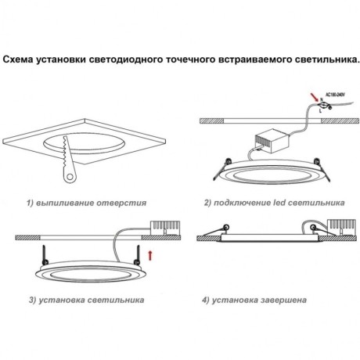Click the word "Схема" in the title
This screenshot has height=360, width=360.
[21, 58]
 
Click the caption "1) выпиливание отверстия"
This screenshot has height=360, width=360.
[87, 201]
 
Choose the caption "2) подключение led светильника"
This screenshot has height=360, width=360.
[274, 201]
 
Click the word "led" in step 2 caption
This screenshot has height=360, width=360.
[277, 201]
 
